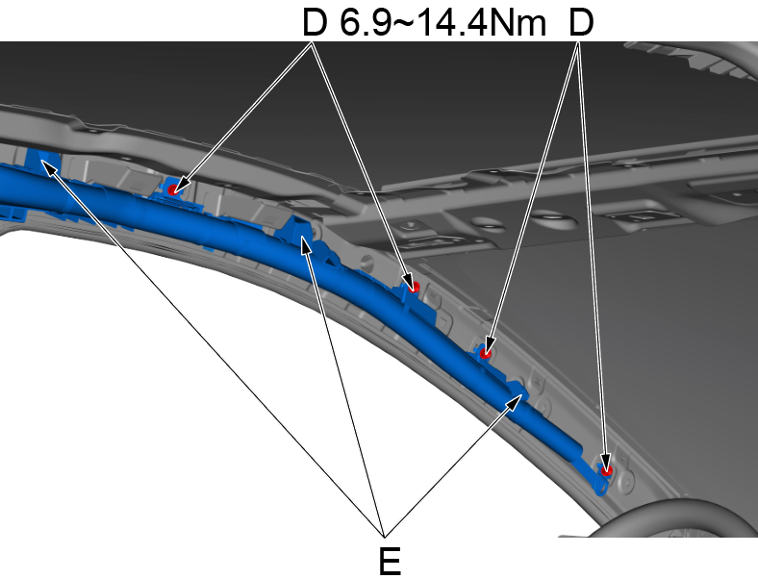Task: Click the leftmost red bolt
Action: pos(173,189)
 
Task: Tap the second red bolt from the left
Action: pos(416,286)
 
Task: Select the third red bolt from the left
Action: pos(487,352)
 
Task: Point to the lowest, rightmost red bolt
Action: pos(606,470)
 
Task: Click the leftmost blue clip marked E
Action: pos(44,163)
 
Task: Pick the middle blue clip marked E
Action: pos(305,234)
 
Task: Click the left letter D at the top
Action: pos(316,24)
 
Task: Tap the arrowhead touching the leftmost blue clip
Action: pos(47,167)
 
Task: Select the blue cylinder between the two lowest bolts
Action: pos(548,424)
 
